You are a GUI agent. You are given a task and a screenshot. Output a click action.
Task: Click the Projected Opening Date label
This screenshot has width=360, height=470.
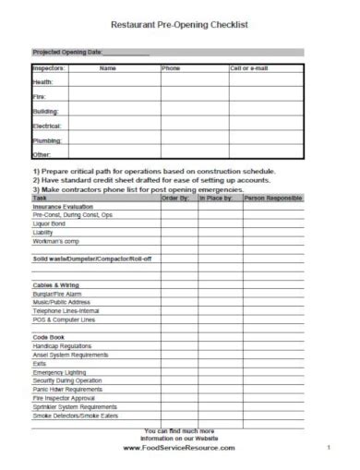pyautogui.click(x=67, y=53)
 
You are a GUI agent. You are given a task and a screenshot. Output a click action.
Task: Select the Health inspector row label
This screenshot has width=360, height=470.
pyautogui.click(x=44, y=82)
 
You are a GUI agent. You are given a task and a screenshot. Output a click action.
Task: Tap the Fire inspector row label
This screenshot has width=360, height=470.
pyautogui.click(x=40, y=96)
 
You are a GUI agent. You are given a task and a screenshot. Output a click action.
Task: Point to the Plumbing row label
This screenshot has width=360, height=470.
pyautogui.click(x=47, y=139)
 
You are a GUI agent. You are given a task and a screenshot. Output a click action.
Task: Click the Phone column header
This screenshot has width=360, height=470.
pyautogui.click(x=172, y=68)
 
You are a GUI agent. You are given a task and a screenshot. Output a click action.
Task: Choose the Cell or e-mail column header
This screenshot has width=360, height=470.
pyautogui.click(x=249, y=68)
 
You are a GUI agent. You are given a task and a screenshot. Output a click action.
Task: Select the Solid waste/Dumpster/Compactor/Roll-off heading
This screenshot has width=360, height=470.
pyautogui.click(x=92, y=259)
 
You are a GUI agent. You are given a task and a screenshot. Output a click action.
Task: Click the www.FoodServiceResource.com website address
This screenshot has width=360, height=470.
pyautogui.click(x=179, y=448)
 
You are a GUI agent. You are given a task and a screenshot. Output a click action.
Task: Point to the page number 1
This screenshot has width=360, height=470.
pyautogui.click(x=328, y=448)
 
